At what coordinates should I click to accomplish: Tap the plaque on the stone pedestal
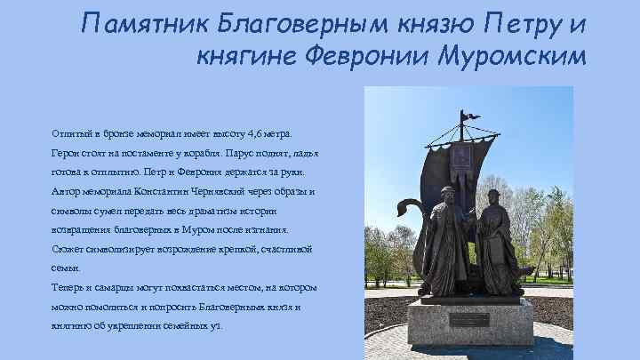pyautogui.click(x=468, y=319)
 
